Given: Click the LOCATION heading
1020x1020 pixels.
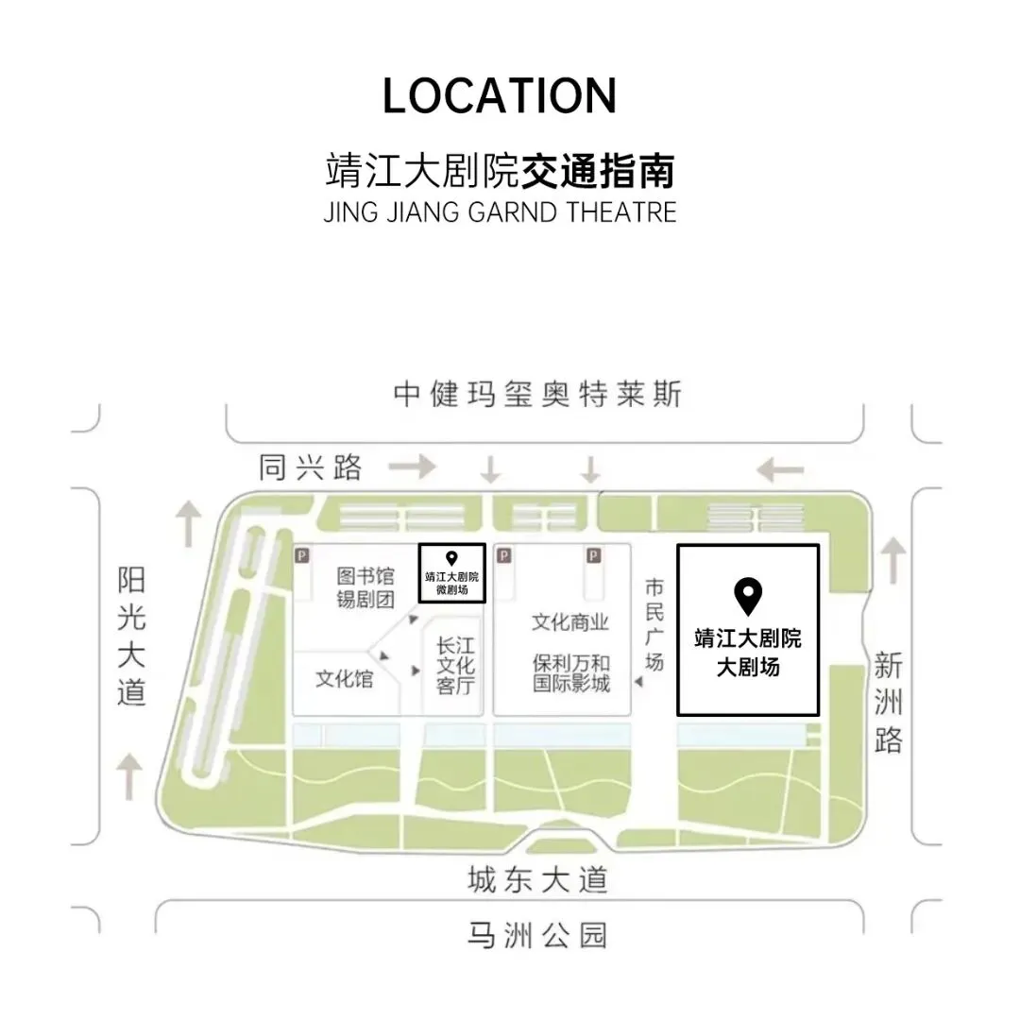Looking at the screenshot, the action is pyautogui.click(x=500, y=96).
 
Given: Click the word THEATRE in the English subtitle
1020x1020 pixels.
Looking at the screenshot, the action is pyautogui.click(x=621, y=212).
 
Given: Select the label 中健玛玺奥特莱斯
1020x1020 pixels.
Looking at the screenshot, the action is pyautogui.click(x=537, y=395).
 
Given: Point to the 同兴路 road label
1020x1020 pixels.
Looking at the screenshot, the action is pyautogui.click(x=311, y=467).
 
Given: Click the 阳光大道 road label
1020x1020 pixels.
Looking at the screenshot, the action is pyautogui.click(x=132, y=636).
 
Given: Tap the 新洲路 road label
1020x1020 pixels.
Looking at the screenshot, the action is pyautogui.click(x=888, y=703).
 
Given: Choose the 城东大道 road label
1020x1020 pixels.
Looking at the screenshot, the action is pyautogui.click(x=537, y=881).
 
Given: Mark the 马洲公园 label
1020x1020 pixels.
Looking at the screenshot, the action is pyautogui.click(x=537, y=935).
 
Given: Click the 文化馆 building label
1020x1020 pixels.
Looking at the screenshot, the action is pyautogui.click(x=344, y=678).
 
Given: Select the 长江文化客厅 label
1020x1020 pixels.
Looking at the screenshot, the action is pyautogui.click(x=454, y=666).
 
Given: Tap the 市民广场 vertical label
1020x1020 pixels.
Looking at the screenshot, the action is pyautogui.click(x=654, y=623).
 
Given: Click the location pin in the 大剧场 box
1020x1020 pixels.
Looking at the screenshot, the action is pyautogui.click(x=748, y=597).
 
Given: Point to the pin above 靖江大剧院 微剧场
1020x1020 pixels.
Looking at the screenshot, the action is pyautogui.click(x=452, y=558).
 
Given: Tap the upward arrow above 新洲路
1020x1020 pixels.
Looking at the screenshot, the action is pyautogui.click(x=891, y=561).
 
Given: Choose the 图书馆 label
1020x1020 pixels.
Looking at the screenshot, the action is pyautogui.click(x=364, y=575).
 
